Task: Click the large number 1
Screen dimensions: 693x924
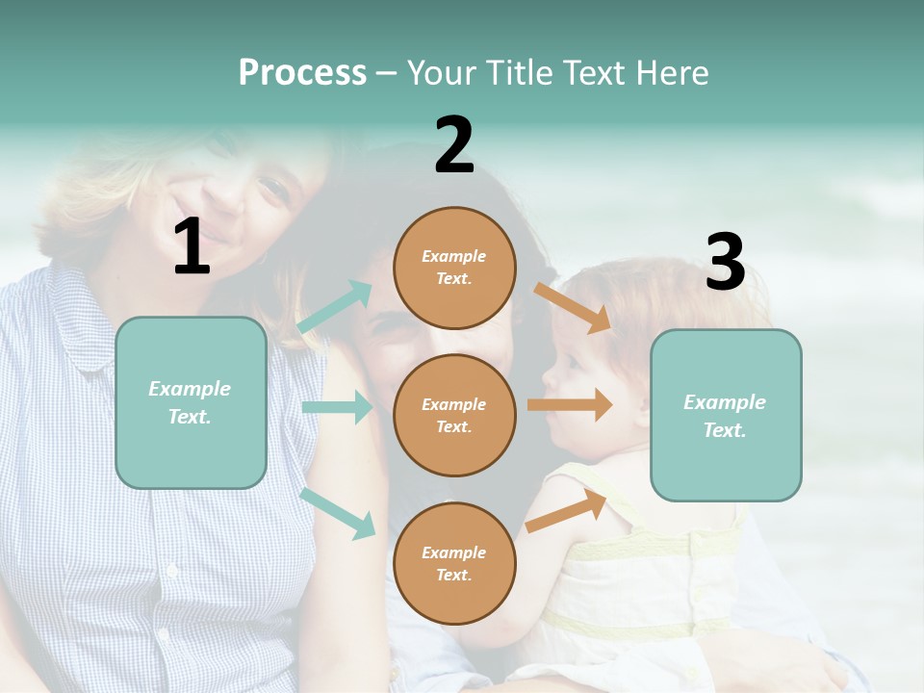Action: coord(192,248)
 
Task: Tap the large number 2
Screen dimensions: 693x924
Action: coord(454,146)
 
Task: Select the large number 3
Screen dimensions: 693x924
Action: coord(725,264)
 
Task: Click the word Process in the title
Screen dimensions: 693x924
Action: coord(302,73)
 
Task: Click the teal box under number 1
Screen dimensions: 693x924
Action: coord(191,402)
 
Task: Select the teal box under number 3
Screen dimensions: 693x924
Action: coord(726,416)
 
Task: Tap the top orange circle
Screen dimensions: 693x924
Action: coord(454,268)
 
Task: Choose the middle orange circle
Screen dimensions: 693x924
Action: coord(454,416)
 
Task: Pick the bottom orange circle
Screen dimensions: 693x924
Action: coord(454,564)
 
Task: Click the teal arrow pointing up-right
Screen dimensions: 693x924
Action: coord(336,307)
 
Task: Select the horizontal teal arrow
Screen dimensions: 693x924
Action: coord(337,407)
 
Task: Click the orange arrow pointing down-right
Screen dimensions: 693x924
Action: coord(572,307)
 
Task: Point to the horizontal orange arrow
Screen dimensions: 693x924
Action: coord(569,404)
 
